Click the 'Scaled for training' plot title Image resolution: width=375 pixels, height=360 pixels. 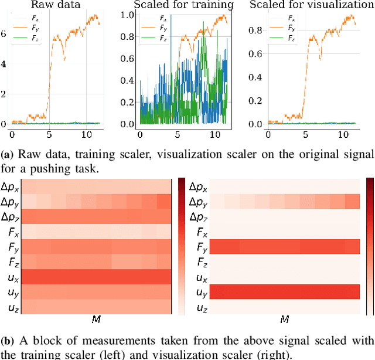(x=183, y=6)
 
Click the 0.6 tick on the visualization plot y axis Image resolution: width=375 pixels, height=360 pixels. (x=255, y=54)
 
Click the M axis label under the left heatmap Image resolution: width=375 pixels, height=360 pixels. (x=96, y=320)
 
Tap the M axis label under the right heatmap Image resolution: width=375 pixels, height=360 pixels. (x=284, y=320)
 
